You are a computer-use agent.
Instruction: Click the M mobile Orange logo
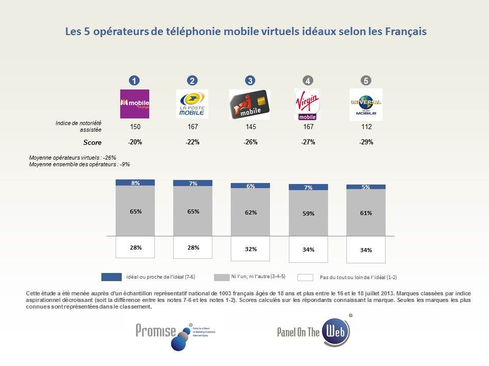point(134,104)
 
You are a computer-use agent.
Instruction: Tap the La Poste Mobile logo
point(192,104)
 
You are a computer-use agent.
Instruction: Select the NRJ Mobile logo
point(250,104)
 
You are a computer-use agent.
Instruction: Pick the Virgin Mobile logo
point(307,104)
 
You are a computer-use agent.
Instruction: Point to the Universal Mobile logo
point(366,104)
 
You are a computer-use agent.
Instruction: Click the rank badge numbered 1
point(134,80)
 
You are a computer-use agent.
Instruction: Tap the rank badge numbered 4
point(307,80)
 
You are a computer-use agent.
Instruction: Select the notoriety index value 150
point(135,127)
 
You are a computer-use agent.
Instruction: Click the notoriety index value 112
point(366,127)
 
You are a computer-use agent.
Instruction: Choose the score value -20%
point(135,142)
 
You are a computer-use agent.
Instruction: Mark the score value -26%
point(250,142)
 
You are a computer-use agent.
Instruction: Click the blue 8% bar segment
point(135,182)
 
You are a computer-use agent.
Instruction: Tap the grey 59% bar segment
point(308,214)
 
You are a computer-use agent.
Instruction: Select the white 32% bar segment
point(250,249)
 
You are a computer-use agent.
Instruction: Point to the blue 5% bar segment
point(366,187)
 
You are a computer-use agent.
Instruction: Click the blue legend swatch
point(111,277)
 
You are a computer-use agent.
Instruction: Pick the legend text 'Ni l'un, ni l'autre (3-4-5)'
point(258,277)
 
